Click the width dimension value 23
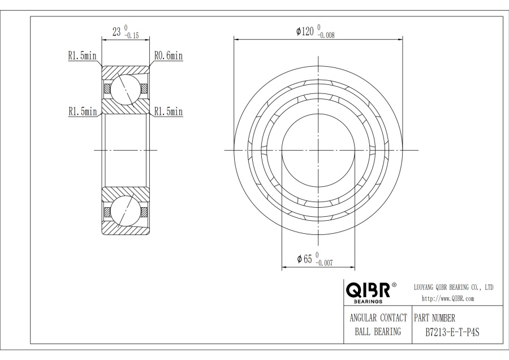click(117, 32)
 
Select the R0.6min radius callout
click(169, 56)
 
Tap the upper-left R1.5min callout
click(82, 55)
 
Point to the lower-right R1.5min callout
click(169, 112)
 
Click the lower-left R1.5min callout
click(83, 112)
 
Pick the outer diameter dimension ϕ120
click(305, 31)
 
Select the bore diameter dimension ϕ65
click(304, 259)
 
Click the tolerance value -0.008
click(326, 36)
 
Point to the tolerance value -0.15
click(131, 36)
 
